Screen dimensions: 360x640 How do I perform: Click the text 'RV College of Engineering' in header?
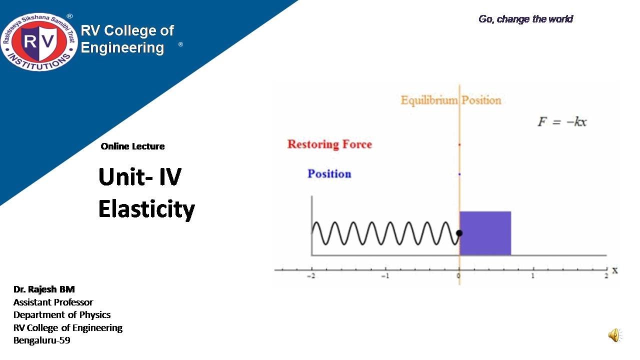127,39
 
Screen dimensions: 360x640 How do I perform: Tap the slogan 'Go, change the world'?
525,19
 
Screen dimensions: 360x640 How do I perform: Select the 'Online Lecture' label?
132,146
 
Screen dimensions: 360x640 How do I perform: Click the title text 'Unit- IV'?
140,177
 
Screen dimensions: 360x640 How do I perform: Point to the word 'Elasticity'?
146,209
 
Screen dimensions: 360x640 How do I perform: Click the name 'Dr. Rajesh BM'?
44,289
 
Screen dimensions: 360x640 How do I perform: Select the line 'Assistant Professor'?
53,302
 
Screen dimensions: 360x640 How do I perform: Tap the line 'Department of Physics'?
62,315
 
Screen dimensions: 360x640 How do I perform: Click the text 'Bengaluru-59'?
42,340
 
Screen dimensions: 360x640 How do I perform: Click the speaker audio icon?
614,335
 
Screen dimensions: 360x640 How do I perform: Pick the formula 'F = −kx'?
562,121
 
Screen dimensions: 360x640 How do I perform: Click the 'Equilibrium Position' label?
451,100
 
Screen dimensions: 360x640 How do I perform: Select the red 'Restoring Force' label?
329,144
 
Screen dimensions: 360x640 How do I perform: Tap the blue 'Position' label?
329,174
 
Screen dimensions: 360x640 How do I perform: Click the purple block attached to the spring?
485,233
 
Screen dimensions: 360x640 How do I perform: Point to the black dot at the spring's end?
459,233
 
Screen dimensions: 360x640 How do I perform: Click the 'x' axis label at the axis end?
615,270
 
